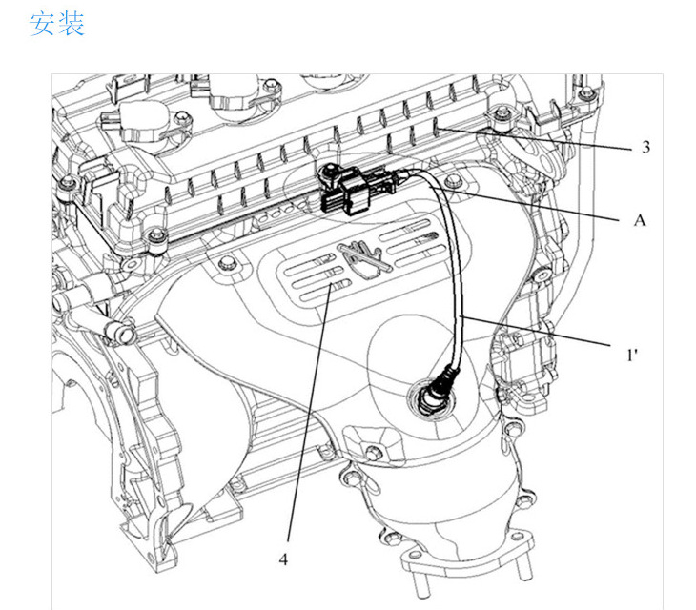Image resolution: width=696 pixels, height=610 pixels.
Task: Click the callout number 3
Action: [x=645, y=148]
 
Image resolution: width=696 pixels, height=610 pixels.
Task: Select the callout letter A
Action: [x=640, y=219]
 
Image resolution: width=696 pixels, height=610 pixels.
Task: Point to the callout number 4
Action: [x=283, y=559]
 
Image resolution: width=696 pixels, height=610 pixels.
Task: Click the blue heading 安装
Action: [x=57, y=24]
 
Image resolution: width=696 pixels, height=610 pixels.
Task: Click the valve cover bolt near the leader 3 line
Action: [x=502, y=118]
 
